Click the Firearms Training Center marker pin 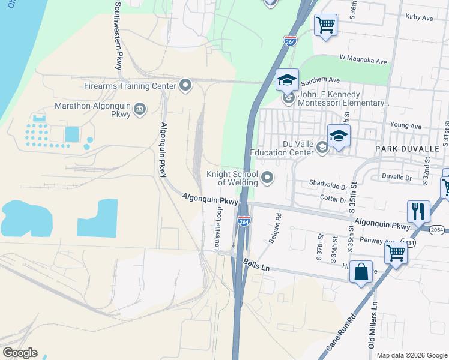pos(185,85)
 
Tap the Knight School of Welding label pos(232,178)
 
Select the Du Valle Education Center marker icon pos(322,148)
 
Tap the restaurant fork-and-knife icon pos(418,211)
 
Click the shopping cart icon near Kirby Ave pos(325,25)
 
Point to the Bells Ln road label pos(257,264)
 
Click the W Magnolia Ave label pos(363,61)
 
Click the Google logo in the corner pos(20,352)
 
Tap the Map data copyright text pos(411,355)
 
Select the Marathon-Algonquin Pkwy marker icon pos(140,108)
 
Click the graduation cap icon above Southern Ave pos(287,79)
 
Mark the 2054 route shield pos(437,229)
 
